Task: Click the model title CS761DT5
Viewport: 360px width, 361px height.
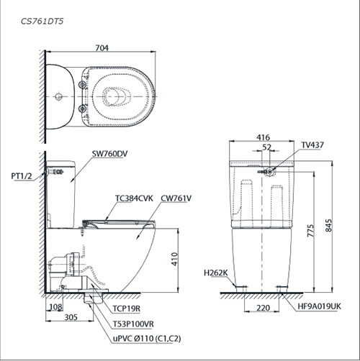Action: pos(42,22)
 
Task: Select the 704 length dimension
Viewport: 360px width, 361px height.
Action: pos(102,48)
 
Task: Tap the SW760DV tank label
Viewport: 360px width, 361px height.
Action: pos(109,154)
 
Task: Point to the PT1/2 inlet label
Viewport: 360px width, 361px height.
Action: pos(22,176)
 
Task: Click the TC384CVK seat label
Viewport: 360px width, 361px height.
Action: pos(134,198)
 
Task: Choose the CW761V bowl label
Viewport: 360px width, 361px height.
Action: pos(176,198)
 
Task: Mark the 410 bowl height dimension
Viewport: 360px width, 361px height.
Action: pos(174,259)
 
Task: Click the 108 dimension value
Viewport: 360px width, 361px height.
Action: pos(56,307)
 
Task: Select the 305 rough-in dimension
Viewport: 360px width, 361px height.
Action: pos(71,317)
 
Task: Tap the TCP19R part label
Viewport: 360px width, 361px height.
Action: pos(127,309)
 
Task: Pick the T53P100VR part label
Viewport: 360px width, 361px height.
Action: pos(133,324)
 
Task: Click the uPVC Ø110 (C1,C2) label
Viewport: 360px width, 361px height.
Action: pos(147,339)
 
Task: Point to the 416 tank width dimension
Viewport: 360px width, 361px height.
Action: pos(263,137)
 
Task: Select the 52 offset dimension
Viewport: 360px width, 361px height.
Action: pos(266,147)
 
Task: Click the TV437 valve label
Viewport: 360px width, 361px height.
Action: pos(312,145)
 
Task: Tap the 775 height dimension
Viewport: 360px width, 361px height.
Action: pos(310,231)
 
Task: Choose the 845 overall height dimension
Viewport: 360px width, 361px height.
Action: pos(328,225)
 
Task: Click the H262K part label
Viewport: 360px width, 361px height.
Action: pos(216,273)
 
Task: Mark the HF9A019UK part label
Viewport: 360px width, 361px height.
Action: pos(319,306)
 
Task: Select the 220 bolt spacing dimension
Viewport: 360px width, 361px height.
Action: pos(263,308)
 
